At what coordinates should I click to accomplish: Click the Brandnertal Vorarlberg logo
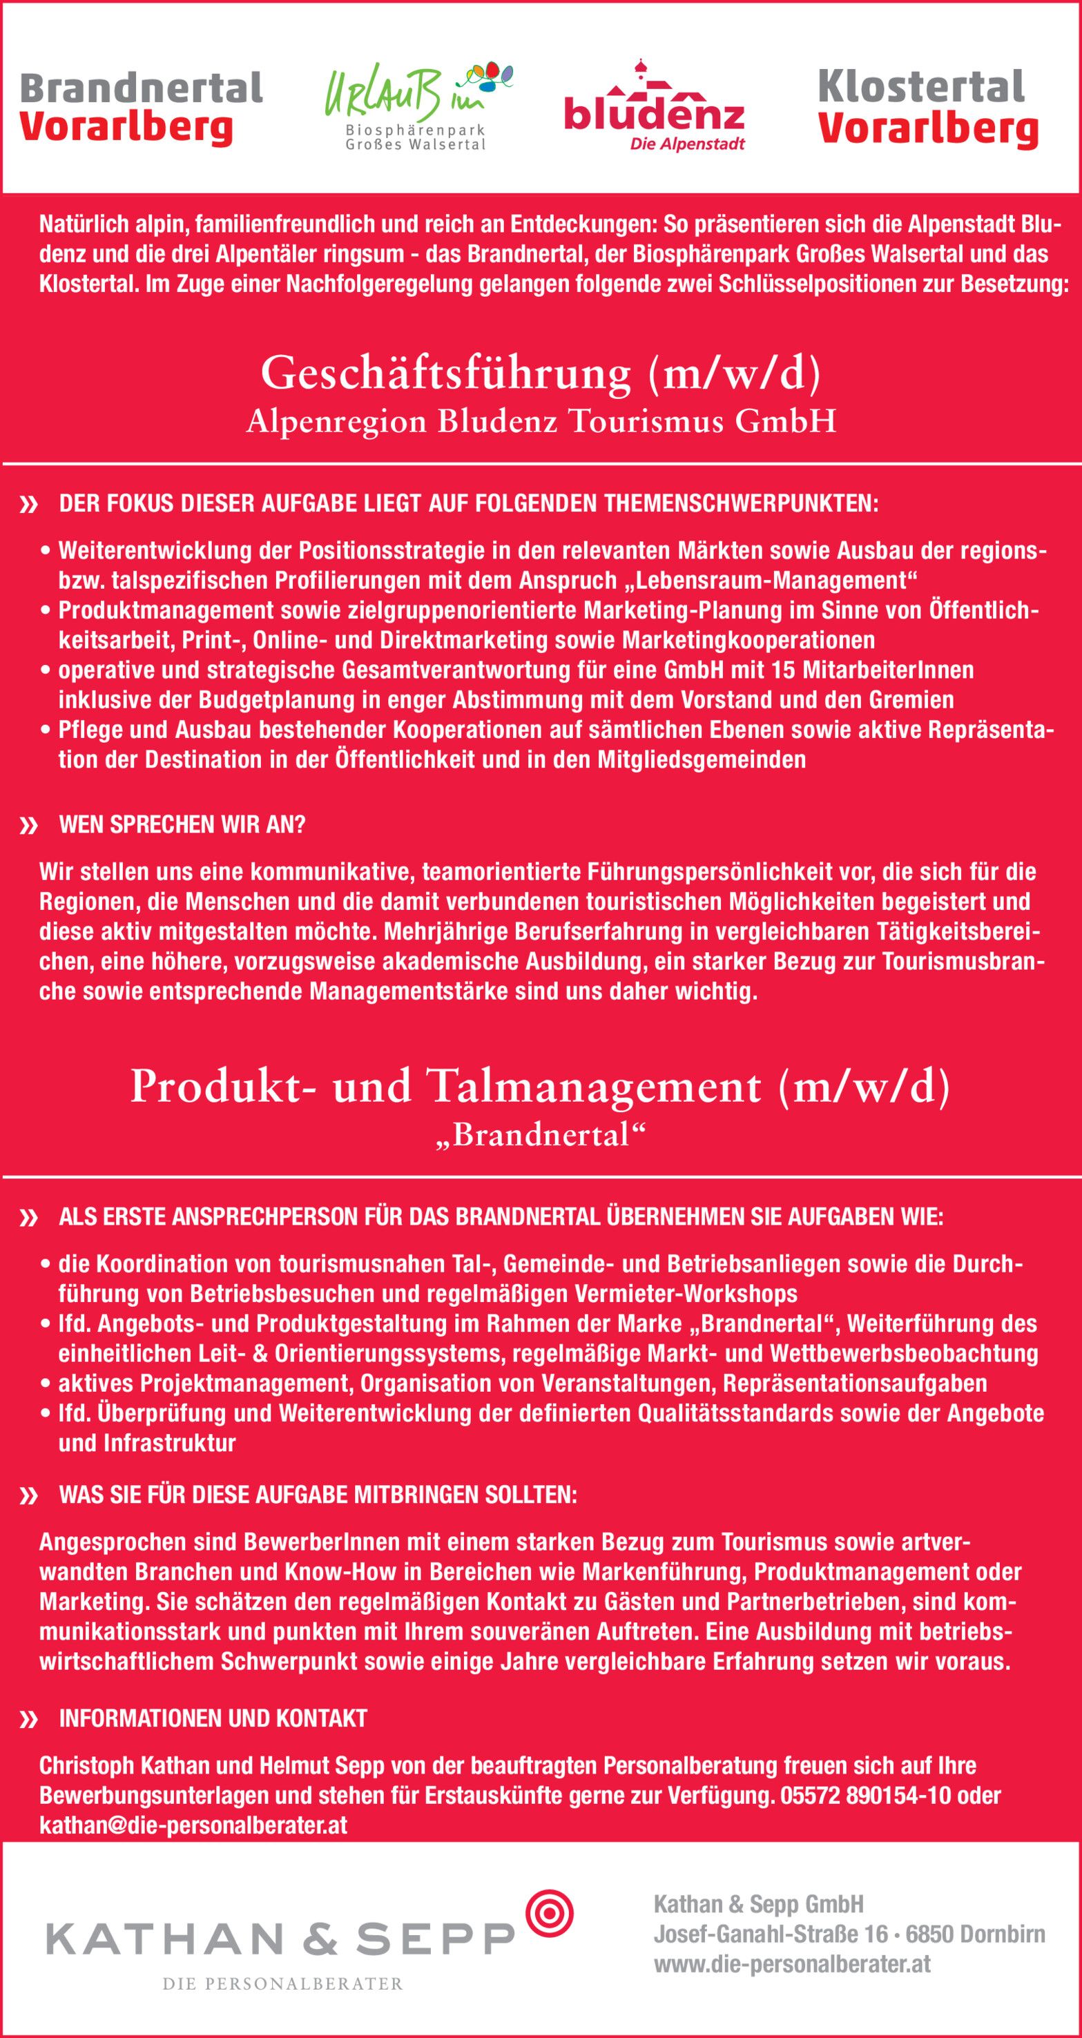point(140,108)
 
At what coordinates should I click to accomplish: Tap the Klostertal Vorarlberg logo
point(927,108)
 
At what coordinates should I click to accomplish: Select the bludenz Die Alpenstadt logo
point(654,110)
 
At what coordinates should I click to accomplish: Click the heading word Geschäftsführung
point(445,373)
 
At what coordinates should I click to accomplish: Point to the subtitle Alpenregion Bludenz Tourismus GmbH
point(541,422)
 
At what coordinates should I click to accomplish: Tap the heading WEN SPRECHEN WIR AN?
point(182,824)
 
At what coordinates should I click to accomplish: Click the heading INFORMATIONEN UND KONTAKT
point(213,1718)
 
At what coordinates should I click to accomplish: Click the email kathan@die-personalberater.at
point(193,1825)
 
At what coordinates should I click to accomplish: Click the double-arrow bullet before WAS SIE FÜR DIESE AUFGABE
point(29,1496)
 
